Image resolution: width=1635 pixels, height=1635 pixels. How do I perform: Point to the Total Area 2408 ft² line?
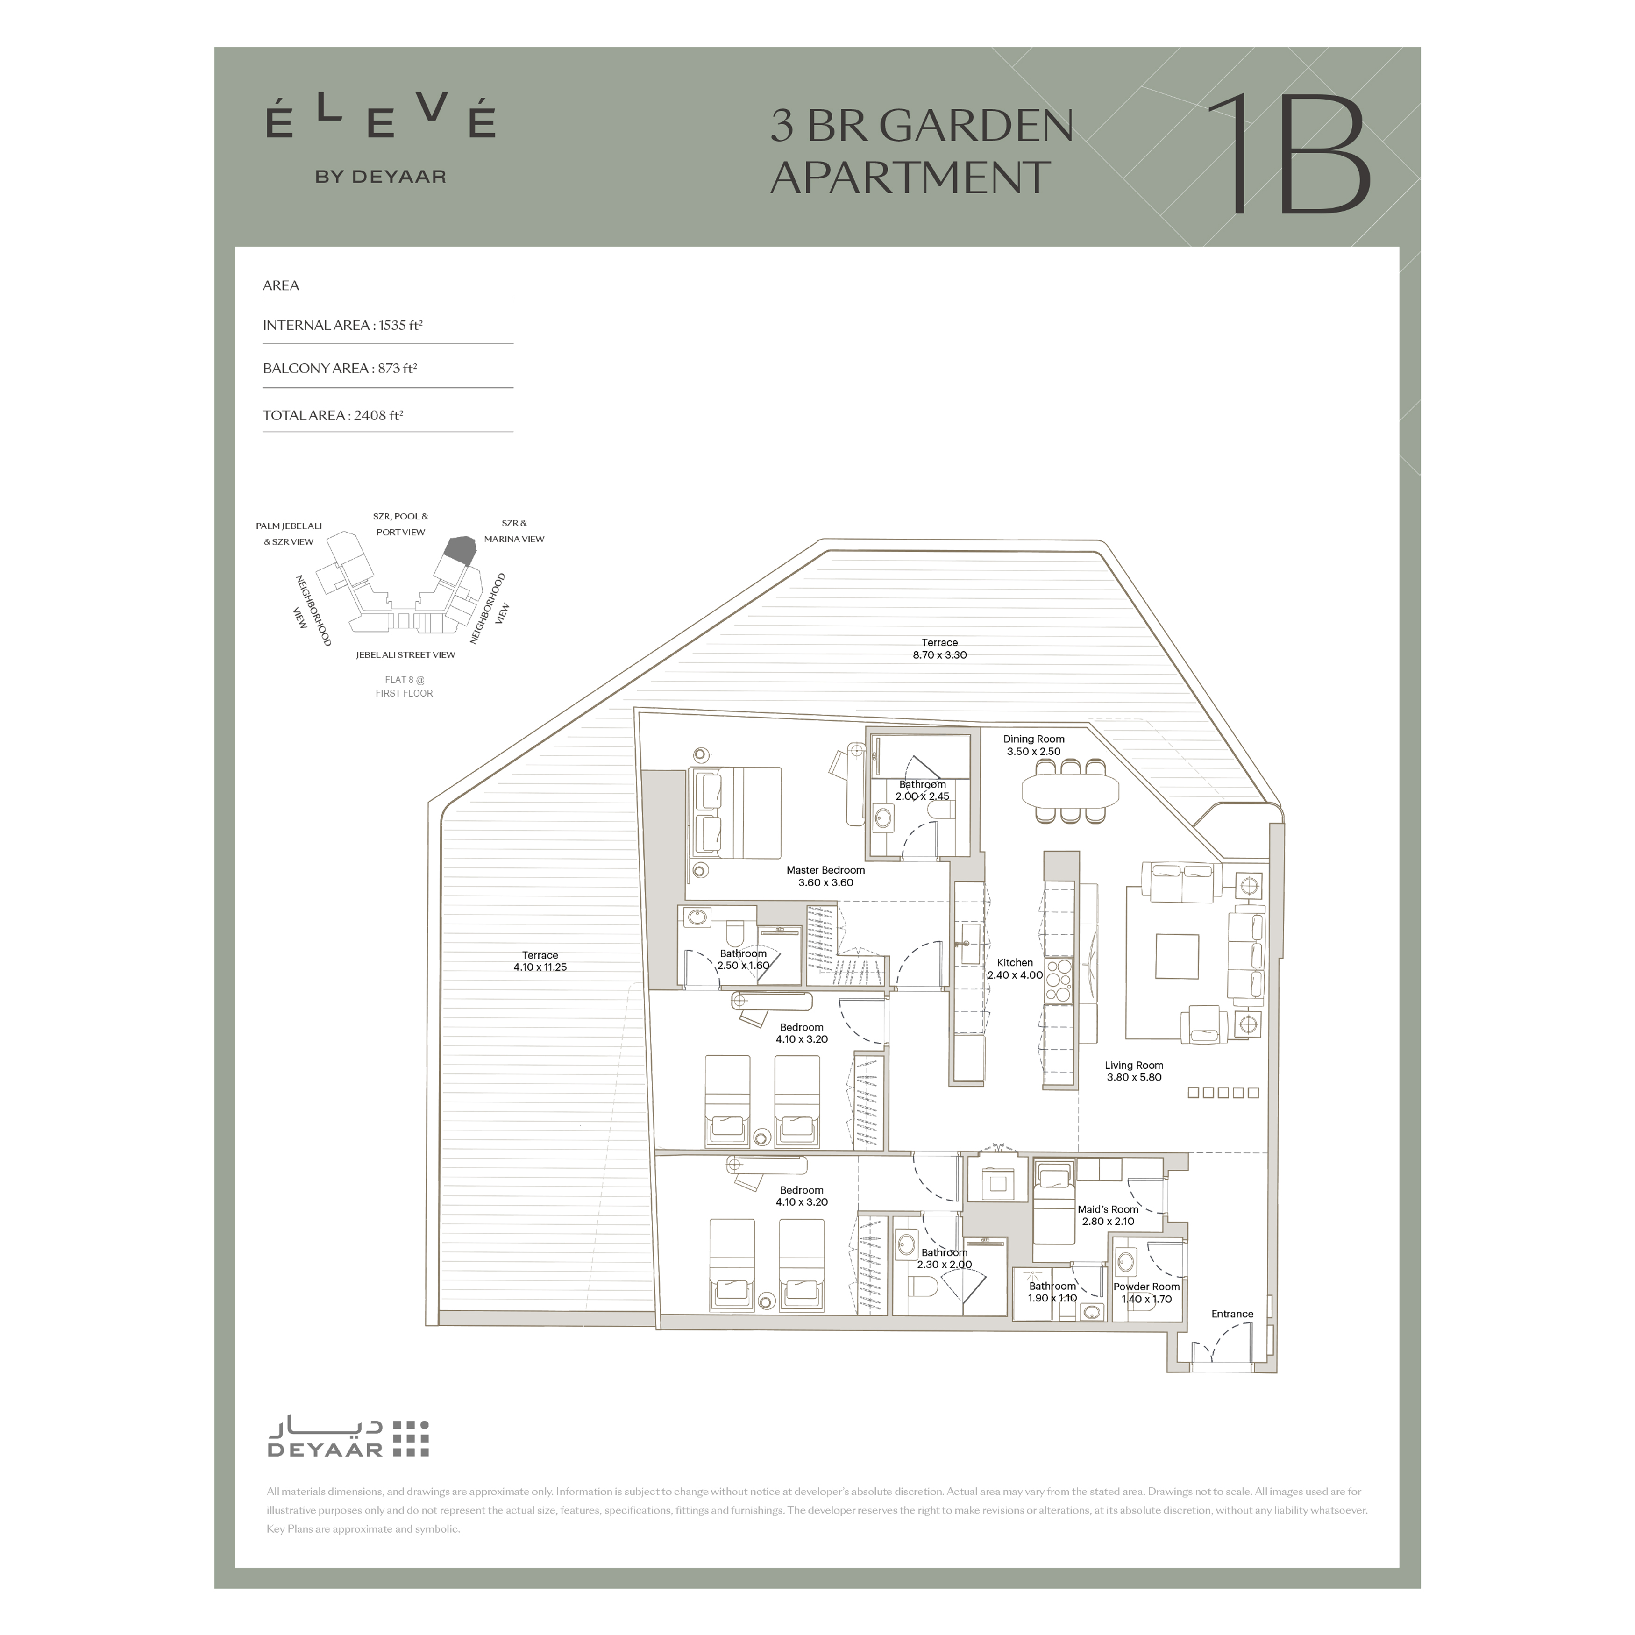coord(333,415)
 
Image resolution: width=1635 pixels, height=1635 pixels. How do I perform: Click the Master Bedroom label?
coord(825,876)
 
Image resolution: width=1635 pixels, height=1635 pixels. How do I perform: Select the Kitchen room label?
coord(1015,968)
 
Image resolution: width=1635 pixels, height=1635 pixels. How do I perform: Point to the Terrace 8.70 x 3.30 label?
coord(939,648)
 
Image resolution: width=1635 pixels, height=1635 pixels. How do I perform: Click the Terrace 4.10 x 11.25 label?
coord(540,960)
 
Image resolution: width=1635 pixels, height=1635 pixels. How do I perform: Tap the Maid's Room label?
coord(1108,1215)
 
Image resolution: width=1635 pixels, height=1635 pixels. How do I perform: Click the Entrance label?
coord(1232,1314)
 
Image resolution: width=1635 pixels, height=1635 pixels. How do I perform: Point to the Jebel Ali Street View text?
coord(405,654)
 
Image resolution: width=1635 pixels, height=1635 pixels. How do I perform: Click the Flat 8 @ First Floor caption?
coord(405,686)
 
